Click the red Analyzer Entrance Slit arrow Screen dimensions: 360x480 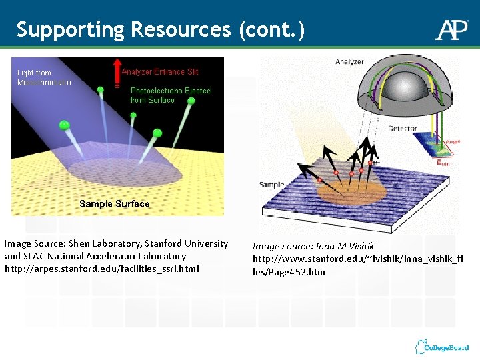[x=117, y=73]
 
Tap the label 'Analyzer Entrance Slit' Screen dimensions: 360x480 [x=160, y=71]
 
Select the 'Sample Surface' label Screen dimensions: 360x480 [x=114, y=203]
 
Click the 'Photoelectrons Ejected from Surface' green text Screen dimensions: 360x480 [x=170, y=95]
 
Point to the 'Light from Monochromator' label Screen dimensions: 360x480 [x=43, y=77]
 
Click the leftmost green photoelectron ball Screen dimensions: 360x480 [x=64, y=125]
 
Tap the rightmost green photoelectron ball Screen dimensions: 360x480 [x=191, y=101]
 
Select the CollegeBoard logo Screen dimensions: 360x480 [x=441, y=347]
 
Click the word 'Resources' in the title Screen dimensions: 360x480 [x=178, y=30]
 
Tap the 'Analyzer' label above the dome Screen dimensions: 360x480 [x=349, y=62]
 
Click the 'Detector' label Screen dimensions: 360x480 [x=402, y=129]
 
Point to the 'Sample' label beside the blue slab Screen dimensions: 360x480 [x=271, y=185]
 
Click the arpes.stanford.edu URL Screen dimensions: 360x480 [x=101, y=268]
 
